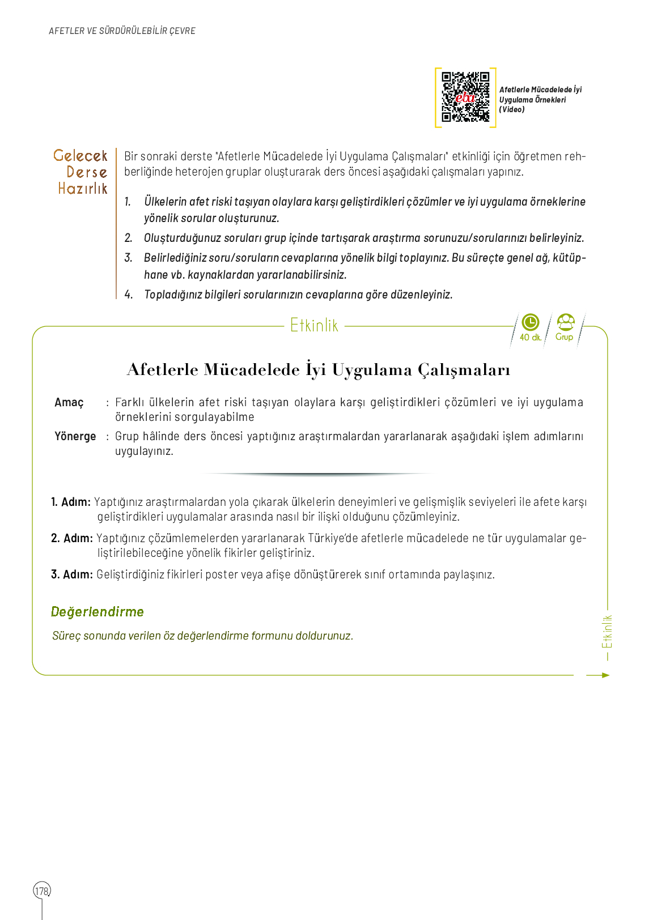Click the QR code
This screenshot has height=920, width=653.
[x=465, y=97]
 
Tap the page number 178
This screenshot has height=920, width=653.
[x=42, y=891]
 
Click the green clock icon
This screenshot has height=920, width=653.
[x=530, y=322]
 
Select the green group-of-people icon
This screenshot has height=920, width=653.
[x=565, y=322]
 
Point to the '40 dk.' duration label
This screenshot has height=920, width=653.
[x=530, y=338]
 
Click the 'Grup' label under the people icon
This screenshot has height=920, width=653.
[x=564, y=337]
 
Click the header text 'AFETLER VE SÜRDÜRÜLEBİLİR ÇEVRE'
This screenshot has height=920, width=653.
[x=122, y=31]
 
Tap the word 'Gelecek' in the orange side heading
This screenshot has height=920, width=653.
[x=80, y=156]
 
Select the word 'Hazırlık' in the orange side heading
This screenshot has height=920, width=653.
[x=83, y=189]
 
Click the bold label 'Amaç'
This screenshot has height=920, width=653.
[x=69, y=403]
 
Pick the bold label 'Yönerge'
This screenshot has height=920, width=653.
[x=75, y=436]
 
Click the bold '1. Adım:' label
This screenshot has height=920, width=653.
[x=71, y=502]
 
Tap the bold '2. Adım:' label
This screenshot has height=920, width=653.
[x=72, y=538]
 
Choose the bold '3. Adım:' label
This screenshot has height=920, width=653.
[x=72, y=574]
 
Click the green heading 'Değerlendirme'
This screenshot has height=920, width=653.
[x=97, y=612]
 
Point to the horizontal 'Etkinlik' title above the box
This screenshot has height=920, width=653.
[x=314, y=326]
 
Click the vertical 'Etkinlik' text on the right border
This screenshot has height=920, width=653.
[x=607, y=632]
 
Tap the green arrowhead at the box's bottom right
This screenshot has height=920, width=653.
[x=605, y=675]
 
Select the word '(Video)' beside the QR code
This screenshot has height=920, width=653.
[x=512, y=110]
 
